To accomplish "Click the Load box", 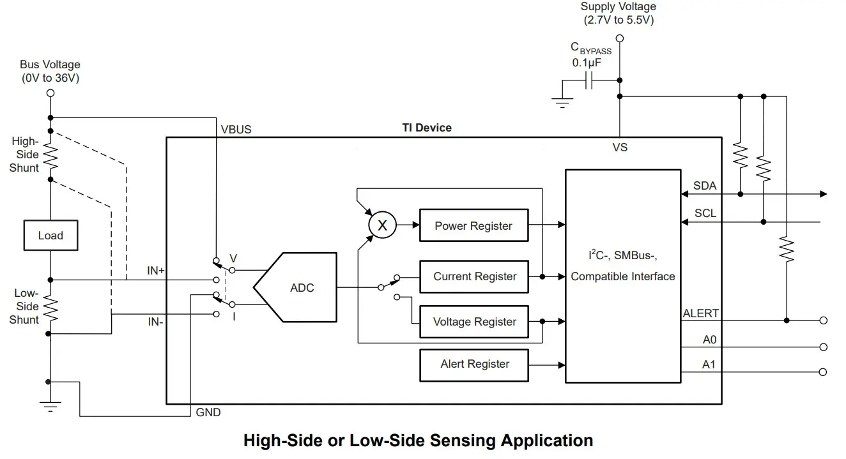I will coord(50,236).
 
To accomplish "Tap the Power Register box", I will coord(473,225).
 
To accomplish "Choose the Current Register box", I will coord(473,276).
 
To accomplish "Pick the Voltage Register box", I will coord(473,322).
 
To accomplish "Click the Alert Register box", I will coord(473,365).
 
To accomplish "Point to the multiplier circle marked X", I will coord(383,225).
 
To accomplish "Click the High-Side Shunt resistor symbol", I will coord(50,154).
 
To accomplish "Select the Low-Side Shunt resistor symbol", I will coord(50,307).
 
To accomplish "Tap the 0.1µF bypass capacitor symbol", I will coord(590,80).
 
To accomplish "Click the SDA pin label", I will coord(705,186).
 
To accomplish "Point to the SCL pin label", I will coord(705,213).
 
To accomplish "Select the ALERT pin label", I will coord(701,313).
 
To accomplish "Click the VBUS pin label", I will coord(236,129).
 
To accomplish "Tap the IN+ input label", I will coord(156,271).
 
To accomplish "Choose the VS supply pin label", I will coord(619,147).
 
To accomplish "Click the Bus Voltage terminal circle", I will coord(50,93).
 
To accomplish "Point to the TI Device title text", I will coord(426,128).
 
